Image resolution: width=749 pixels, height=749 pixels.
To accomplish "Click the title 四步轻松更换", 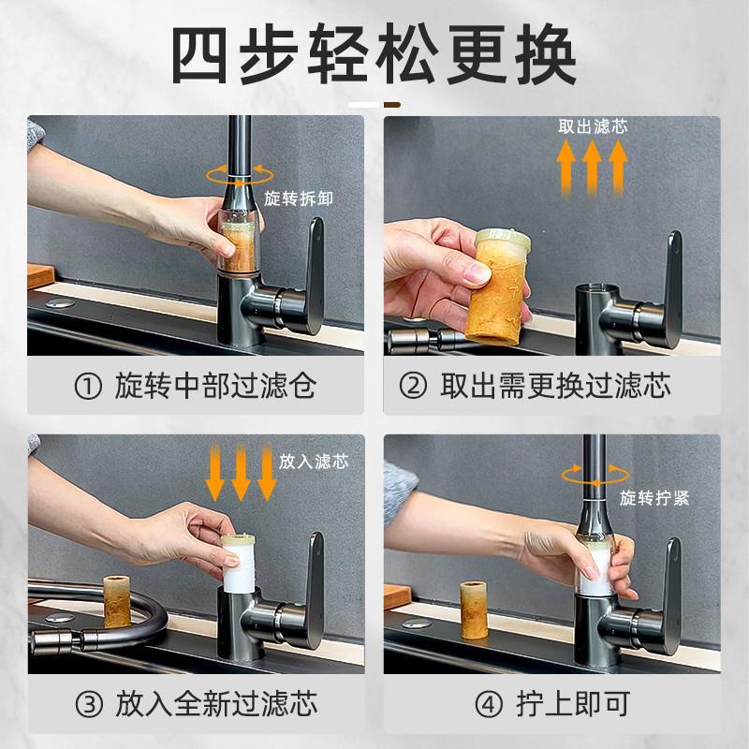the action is click(374, 55).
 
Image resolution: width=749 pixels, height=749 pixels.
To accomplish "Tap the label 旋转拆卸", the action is click(299, 198).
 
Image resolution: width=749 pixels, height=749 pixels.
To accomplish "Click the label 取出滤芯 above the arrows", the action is click(593, 126).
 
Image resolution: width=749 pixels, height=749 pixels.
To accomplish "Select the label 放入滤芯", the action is click(314, 462).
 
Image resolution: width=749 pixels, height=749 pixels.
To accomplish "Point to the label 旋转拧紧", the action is click(654, 498).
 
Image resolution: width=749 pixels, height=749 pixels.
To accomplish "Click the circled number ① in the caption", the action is click(88, 386).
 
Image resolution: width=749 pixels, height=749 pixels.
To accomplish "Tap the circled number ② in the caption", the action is click(413, 386).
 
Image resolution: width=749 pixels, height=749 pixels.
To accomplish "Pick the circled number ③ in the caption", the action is click(89, 704).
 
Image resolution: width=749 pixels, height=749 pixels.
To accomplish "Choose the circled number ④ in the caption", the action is click(489, 704).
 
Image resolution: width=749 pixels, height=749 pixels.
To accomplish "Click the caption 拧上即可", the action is click(572, 704).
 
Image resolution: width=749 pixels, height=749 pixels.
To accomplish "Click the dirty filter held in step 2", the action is click(496, 286).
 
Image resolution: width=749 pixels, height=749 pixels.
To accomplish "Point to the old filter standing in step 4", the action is click(474, 610).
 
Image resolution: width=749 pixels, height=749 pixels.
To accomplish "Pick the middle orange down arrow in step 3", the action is click(241, 472).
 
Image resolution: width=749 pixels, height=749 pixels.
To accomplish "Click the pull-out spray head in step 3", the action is click(53, 640).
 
